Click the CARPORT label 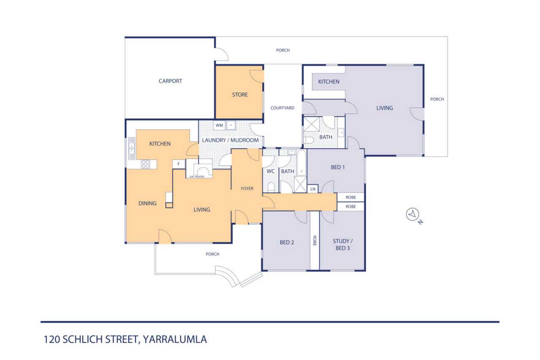170,81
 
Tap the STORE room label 240,95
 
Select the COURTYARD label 282,108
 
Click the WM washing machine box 219,125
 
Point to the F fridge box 178,164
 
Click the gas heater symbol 200,168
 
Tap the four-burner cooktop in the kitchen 146,164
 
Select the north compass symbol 413,214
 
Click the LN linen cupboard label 313,189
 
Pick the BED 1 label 338,167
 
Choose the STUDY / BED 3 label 343,244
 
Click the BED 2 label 286,242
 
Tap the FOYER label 247,189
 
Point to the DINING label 147,203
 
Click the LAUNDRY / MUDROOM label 230,140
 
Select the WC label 270,171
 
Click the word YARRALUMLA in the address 175,339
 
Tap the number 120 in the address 51,339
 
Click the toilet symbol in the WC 271,187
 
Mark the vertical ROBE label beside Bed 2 314,241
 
